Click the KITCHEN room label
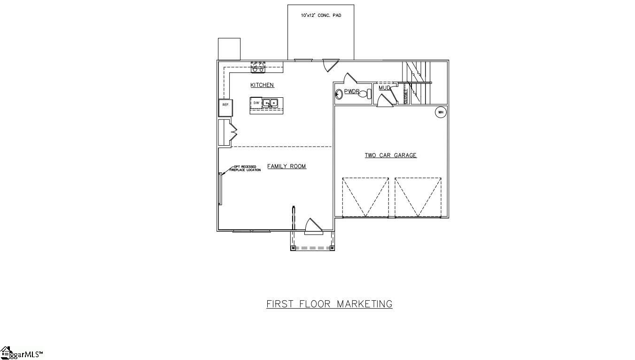click(x=262, y=85)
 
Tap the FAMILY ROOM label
click(x=287, y=166)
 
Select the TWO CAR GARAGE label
click(x=391, y=156)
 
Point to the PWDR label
click(x=352, y=91)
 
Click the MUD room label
click(x=385, y=88)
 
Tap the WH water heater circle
click(x=441, y=112)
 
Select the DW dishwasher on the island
click(x=256, y=102)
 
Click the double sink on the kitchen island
click(x=270, y=103)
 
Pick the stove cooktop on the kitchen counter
click(x=258, y=67)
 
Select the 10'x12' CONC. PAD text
click(x=321, y=16)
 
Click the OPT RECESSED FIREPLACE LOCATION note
click(x=245, y=168)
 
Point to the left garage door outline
click(x=365, y=197)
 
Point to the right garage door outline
click(x=418, y=197)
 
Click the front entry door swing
click(x=313, y=227)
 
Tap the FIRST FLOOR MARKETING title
click(x=329, y=304)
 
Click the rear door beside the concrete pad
click(x=331, y=65)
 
